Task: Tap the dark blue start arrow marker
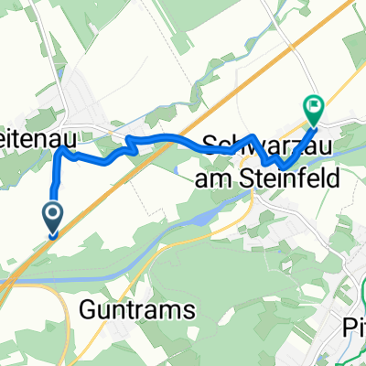pos(52,218)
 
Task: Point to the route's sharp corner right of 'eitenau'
pos(62,152)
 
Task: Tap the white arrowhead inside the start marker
pos(52,216)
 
